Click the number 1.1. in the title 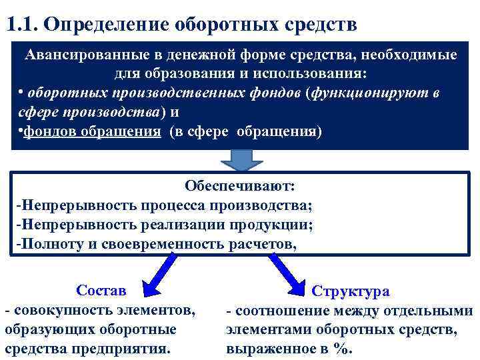point(25,25)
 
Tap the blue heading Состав point(101,291)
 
